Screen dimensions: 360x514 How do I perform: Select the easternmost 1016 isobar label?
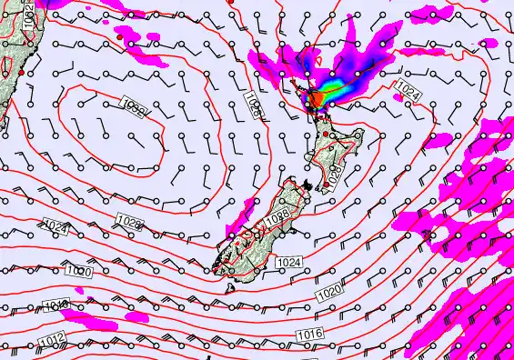[x=309, y=336]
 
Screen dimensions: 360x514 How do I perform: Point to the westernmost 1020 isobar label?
[x=79, y=271]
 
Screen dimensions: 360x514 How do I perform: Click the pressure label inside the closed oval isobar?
[x=133, y=109]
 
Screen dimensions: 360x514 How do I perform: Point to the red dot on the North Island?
[x=326, y=135]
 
